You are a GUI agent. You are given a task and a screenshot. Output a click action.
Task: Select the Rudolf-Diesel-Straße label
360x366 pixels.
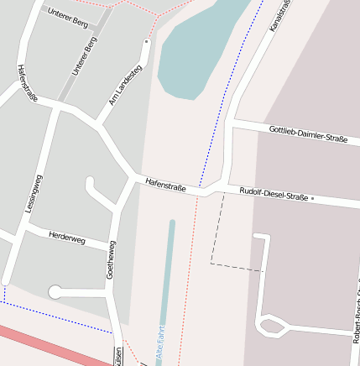point(274,193)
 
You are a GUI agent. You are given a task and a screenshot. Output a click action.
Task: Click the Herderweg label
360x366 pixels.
point(67,238)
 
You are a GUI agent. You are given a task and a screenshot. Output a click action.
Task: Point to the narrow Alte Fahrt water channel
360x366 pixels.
point(168,277)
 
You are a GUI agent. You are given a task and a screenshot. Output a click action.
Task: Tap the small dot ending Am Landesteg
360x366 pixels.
point(147,40)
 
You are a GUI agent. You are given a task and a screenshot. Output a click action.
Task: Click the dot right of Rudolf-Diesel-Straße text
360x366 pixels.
point(312,199)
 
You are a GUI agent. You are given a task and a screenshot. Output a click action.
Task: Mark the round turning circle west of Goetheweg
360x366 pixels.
point(55,292)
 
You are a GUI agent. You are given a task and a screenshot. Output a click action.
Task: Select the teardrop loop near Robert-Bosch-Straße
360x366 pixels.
point(270,324)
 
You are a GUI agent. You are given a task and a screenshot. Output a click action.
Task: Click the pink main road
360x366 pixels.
point(50,345)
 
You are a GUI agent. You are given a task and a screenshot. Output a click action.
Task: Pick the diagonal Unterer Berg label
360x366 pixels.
point(85,57)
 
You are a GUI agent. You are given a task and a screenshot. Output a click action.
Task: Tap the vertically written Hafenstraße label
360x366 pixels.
point(27,84)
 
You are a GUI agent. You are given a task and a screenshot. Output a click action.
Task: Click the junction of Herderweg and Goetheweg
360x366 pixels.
point(112,246)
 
